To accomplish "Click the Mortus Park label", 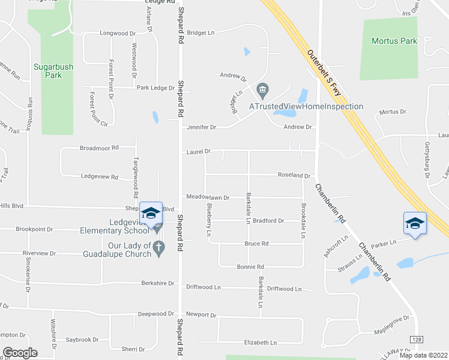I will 394,41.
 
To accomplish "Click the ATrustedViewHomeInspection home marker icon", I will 262,92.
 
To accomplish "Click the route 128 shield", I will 417,340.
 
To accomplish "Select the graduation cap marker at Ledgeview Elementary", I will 151,213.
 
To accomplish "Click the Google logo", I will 20,353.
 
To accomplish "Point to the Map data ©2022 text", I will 423,355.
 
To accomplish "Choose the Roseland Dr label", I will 293,175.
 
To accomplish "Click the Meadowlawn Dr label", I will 208,197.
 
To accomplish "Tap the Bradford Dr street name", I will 268,221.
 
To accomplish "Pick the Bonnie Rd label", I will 250,266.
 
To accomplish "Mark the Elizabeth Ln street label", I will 261,343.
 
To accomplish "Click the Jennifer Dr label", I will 201,127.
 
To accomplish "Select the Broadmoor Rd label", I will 100,148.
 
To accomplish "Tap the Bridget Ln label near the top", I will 200,33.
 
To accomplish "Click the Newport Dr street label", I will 200,314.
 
